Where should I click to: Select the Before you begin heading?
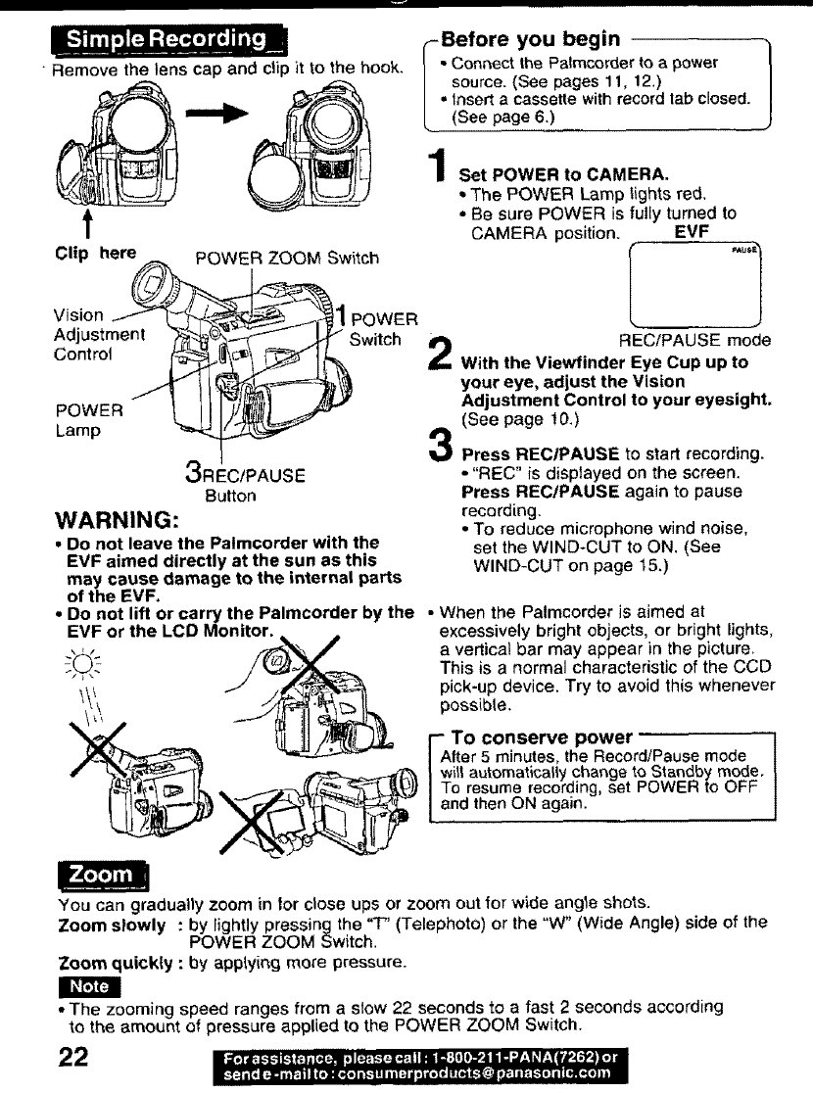click(x=530, y=39)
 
